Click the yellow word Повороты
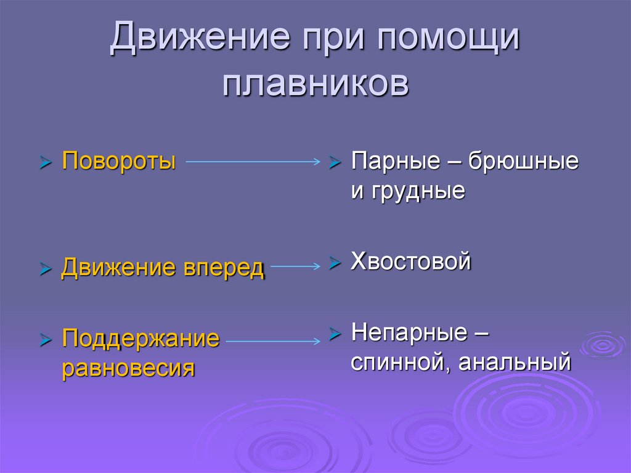pyautogui.click(x=119, y=162)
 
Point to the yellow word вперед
pyautogui.click(x=223, y=268)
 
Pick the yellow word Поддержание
pyautogui.click(x=140, y=339)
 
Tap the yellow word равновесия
pyautogui.click(x=128, y=368)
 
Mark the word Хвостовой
pyautogui.click(x=411, y=261)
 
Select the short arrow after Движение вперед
pyautogui.click(x=295, y=267)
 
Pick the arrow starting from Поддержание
pyautogui.click(x=273, y=339)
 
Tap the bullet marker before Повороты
pyautogui.click(x=45, y=163)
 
